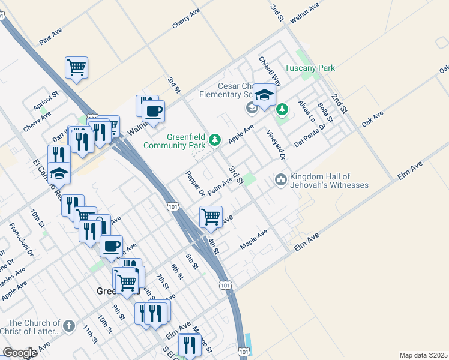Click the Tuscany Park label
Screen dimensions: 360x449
click(309, 68)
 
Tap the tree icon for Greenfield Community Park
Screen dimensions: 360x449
click(215, 140)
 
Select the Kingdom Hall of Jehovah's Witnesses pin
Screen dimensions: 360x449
click(280, 179)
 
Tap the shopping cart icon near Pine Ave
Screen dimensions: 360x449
click(77, 67)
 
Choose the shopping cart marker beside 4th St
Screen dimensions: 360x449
click(211, 217)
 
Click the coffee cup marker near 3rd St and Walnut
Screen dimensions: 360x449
click(153, 110)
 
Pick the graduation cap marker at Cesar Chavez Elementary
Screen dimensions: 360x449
click(264, 95)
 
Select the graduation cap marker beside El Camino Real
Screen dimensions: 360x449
click(59, 173)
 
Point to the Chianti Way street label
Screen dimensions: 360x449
click(270, 70)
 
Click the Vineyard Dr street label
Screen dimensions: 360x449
click(274, 145)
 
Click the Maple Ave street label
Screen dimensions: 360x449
click(253, 239)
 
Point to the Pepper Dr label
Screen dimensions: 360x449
click(195, 183)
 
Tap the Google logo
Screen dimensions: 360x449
click(20, 353)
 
